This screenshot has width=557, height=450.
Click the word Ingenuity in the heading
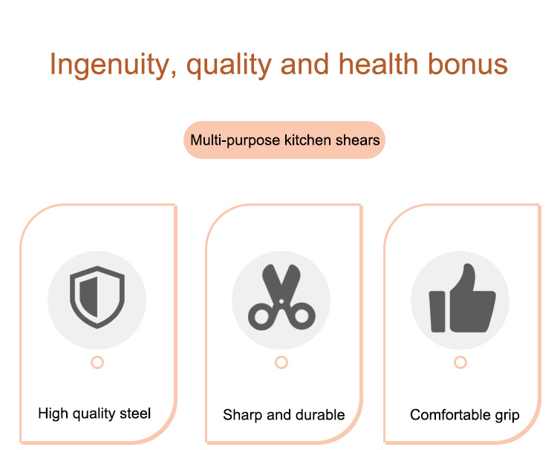[109, 65]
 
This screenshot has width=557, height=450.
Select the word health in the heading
[378, 64]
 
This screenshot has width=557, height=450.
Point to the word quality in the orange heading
[229, 65]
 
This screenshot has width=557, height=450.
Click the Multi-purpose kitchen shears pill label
[284, 140]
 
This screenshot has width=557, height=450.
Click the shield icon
[97, 297]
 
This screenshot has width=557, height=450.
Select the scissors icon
[281, 298]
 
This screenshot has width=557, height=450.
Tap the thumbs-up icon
[462, 299]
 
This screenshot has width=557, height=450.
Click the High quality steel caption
[94, 414]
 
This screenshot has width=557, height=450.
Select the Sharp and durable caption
[284, 415]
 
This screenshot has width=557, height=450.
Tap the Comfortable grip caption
[465, 415]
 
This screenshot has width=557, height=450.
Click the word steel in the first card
[135, 414]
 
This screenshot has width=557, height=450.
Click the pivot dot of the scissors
[281, 301]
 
